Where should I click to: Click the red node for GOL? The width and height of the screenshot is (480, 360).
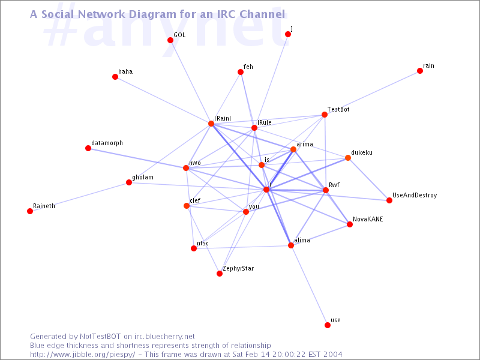pos(170,40)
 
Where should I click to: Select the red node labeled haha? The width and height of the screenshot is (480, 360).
pos(115,77)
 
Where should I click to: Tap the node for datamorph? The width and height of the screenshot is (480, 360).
pos(88,148)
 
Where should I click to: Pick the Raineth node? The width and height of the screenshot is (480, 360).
pos(30,211)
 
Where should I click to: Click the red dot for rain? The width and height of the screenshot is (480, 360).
pos(420,71)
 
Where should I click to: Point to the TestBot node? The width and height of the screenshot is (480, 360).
pos(325,115)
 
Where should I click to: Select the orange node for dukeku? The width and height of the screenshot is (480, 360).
pos(348,158)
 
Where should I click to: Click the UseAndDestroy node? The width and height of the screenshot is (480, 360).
pos(389,200)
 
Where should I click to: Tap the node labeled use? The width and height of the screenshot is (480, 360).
pos(328,325)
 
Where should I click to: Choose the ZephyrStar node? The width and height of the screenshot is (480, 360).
pos(220,274)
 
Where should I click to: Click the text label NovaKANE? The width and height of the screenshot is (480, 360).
pos(368,219)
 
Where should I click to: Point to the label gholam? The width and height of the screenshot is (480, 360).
pos(143,178)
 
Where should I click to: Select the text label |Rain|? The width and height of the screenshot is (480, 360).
pos(223,118)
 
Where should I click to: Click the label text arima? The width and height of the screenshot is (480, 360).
pos(305,144)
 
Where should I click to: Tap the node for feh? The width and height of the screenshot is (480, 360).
pos(241,72)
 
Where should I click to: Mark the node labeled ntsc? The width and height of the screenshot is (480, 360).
pos(194,248)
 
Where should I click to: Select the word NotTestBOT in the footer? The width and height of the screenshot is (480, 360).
pos(100,337)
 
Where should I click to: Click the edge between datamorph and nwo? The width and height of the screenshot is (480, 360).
pos(137,158)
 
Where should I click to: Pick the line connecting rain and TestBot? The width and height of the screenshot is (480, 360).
pos(372,93)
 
